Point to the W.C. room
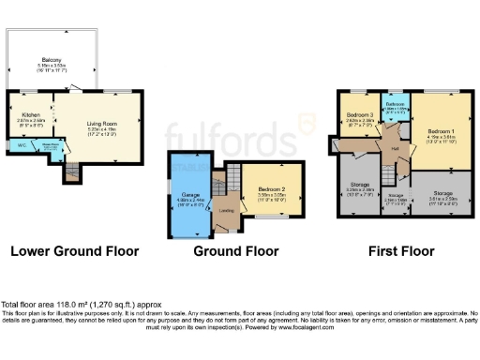click(21, 144)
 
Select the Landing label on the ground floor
click(226, 210)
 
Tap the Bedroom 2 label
click(273, 191)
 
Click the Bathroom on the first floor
click(396, 111)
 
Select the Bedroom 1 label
click(442, 131)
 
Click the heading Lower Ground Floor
click(74, 251)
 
